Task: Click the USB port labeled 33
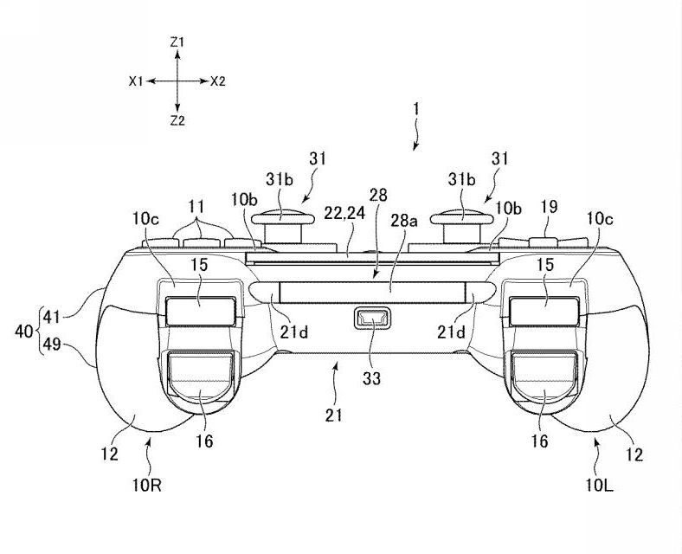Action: pos(372,318)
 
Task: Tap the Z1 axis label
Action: pos(177,42)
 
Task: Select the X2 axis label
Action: pos(218,81)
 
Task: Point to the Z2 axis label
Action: pos(177,120)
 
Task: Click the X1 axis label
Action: pos(136,81)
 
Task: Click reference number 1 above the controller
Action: pos(416,108)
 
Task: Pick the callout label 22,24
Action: pos(344,213)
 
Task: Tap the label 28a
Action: pos(404,221)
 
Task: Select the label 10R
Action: pos(147,486)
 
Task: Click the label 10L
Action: pos(599,486)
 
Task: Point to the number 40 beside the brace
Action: pos(24,332)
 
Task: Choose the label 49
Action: pos(52,345)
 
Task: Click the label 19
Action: pos(550,207)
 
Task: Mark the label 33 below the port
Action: pos(372,378)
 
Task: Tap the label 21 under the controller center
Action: pos(333,415)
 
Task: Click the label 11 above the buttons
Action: pos(196,207)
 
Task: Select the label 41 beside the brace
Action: pos(52,317)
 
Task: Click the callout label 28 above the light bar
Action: pos(378,195)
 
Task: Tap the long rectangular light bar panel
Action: pos(372,293)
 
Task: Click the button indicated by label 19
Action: pos(544,242)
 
